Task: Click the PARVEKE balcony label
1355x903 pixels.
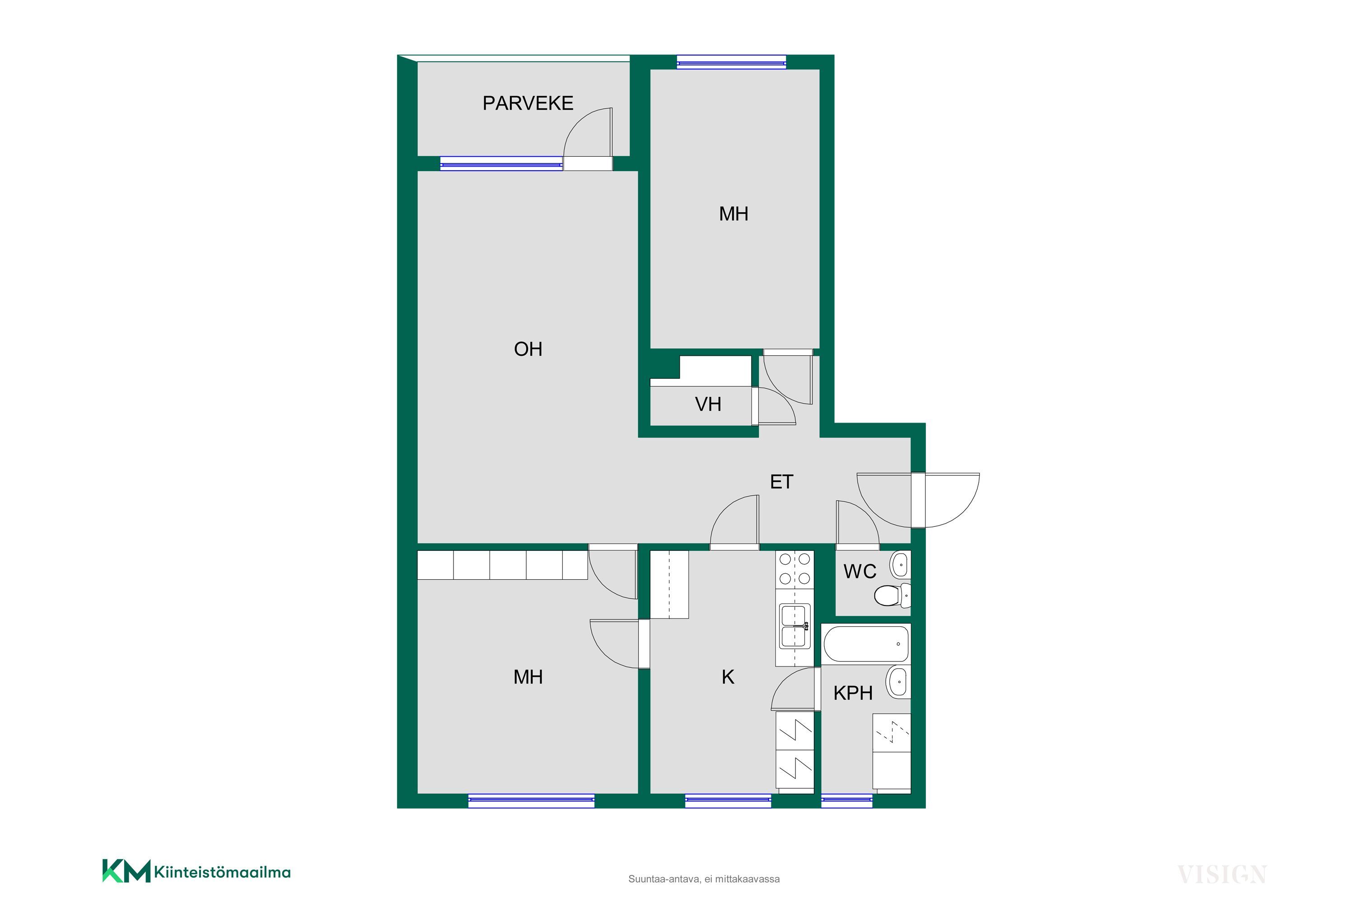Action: click(528, 103)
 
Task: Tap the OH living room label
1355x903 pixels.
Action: click(528, 349)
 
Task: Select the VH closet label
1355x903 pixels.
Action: click(708, 404)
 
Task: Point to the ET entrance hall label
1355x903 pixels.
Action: click(782, 481)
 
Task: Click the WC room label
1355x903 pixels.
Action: click(860, 571)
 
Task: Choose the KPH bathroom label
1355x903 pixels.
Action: click(853, 693)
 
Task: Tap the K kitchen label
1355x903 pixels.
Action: click(728, 677)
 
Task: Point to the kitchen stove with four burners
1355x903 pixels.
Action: click(794, 569)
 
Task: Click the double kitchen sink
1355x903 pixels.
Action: click(794, 626)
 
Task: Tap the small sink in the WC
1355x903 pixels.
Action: click(901, 564)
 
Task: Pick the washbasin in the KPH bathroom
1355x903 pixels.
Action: click(898, 682)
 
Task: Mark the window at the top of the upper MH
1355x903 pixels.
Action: click(731, 61)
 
